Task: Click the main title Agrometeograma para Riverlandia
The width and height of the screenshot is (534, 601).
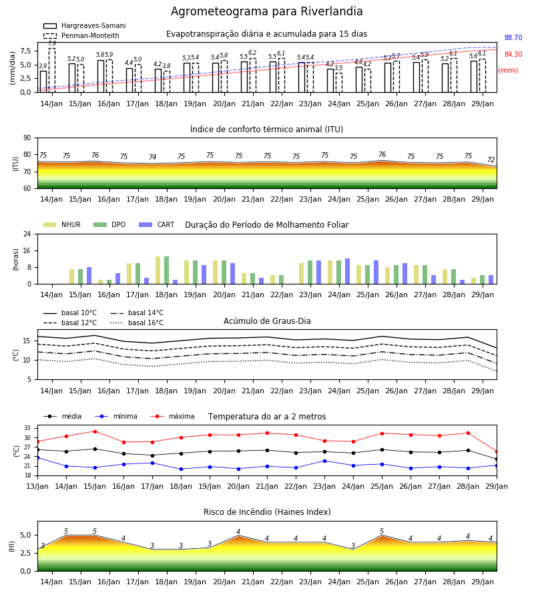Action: (x=266, y=11)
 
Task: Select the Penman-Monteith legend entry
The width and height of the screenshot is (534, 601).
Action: (x=81, y=35)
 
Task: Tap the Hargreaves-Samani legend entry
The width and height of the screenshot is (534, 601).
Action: (x=84, y=25)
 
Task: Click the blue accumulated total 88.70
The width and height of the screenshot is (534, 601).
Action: (x=513, y=37)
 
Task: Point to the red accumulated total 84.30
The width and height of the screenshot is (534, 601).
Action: (x=513, y=54)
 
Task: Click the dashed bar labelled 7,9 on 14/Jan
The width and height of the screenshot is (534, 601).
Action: (x=52, y=70)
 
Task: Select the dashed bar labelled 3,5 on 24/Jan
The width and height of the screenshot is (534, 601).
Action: (x=339, y=82)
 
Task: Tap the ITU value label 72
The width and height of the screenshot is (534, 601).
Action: (x=491, y=160)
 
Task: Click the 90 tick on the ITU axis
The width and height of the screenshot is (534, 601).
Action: (x=27, y=138)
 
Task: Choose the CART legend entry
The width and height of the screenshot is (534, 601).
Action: (x=157, y=224)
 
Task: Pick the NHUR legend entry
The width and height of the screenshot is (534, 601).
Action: (x=62, y=224)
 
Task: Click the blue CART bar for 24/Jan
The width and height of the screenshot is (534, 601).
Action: (x=348, y=271)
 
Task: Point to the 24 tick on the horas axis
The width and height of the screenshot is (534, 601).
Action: (x=27, y=234)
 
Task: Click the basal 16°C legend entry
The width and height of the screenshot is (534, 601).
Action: (x=137, y=323)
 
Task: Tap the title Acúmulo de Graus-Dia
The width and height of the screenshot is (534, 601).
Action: (x=267, y=321)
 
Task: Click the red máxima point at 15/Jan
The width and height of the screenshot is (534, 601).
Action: (x=95, y=431)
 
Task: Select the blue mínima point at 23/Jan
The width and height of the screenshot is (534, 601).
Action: (x=325, y=461)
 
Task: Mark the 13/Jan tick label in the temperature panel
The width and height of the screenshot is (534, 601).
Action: (x=37, y=486)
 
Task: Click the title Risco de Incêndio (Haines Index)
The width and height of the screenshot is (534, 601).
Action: (x=267, y=512)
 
